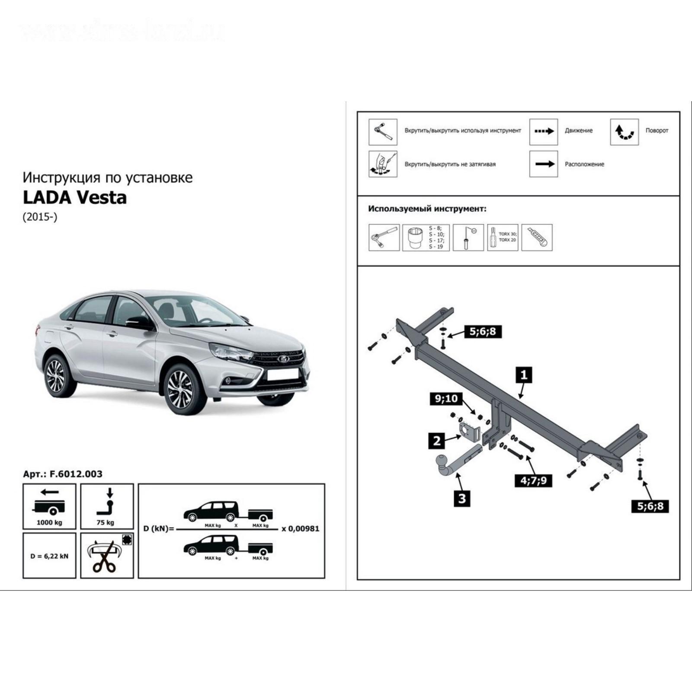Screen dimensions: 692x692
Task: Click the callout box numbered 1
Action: [x=524, y=375]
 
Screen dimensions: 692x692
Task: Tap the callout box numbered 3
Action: [x=462, y=498]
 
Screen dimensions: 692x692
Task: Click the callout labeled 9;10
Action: [x=446, y=398]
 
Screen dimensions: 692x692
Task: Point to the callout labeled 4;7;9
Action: [x=533, y=480]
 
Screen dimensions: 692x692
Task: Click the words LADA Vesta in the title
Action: [x=74, y=198]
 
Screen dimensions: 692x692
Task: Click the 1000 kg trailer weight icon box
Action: [x=49, y=506]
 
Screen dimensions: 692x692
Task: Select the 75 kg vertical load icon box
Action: [x=107, y=506]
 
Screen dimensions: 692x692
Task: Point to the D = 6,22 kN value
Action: [x=49, y=556]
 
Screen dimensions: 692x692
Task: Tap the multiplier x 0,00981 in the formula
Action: [x=300, y=529]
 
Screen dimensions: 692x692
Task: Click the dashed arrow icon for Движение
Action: [x=543, y=131]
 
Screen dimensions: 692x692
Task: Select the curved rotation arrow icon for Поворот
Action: [x=624, y=131]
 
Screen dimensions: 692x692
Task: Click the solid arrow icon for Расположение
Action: [x=543, y=164]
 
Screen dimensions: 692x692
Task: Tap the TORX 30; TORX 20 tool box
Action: [x=502, y=237]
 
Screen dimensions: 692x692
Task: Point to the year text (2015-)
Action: [x=40, y=217]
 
